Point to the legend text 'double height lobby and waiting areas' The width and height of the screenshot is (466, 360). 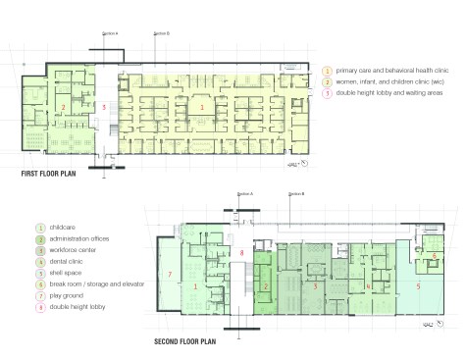coord(386,94)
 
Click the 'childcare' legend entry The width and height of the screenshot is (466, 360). coord(59,228)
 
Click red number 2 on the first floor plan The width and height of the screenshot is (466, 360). coord(62,104)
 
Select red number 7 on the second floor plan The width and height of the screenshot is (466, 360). coord(170,273)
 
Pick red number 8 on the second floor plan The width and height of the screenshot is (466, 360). coord(241,253)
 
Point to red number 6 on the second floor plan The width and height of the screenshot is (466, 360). coord(434,254)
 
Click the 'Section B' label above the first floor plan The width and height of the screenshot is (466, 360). coord(161,32)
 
